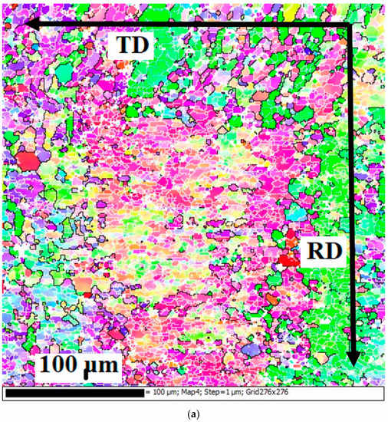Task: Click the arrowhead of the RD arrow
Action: point(352,359)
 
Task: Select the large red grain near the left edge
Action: point(28,161)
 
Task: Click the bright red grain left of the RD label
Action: point(289,259)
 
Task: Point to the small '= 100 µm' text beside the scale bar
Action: point(166,393)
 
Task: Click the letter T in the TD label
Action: point(124,45)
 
